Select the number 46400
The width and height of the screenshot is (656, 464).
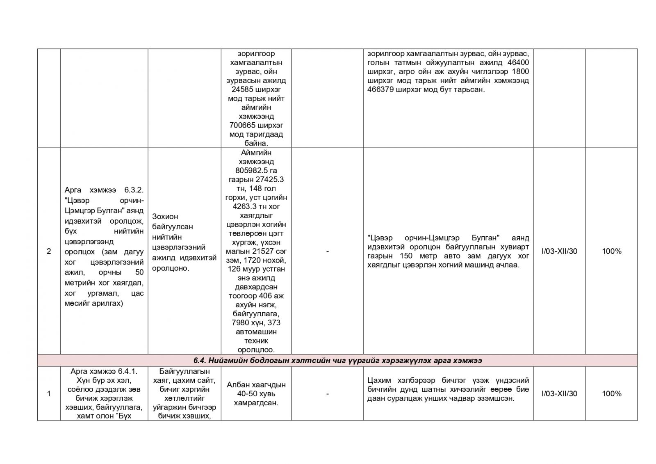518,62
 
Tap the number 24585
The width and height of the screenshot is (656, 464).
241,89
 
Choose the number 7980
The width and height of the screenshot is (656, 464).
241,323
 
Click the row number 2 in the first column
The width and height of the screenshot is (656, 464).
49,251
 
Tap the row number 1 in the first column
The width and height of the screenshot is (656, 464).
49,394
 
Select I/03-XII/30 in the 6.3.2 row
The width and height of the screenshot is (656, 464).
559,251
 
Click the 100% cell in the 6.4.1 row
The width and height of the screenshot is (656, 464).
611,394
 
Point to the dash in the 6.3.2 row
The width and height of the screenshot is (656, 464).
327,251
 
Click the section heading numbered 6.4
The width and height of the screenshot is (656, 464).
337,361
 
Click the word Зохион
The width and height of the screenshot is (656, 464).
165,216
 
